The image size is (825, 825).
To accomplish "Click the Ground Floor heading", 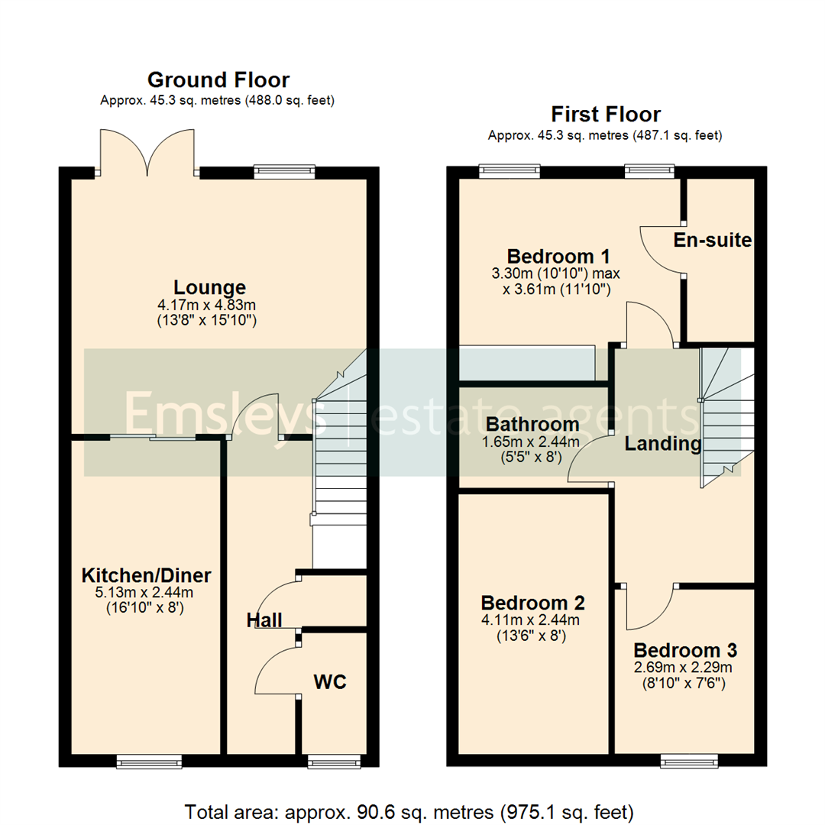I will pos(218,79).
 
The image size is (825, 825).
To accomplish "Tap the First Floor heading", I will pos(606,115).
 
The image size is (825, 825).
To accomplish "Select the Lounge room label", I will pos(209,288).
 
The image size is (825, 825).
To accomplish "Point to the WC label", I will pos(330,681).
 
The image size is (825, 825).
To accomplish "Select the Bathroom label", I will pos(533,424).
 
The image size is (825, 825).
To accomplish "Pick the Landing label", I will pos(663,443).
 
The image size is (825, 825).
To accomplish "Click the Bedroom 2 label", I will pos(529,601).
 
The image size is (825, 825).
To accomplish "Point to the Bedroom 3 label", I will pos(685,651).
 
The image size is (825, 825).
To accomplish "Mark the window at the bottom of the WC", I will pos(332,761).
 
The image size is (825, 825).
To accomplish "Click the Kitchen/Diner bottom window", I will pos(150,761).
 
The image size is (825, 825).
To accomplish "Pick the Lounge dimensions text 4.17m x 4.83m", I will pos(209,306).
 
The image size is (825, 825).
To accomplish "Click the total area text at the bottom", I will pos(409,810).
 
